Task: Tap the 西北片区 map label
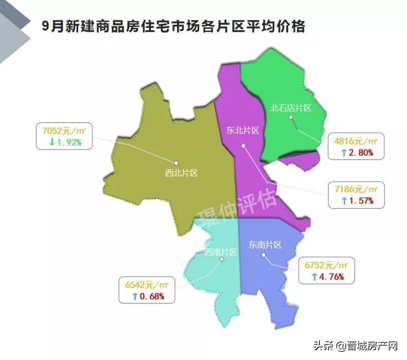click(x=181, y=174)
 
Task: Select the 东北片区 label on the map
click(x=242, y=130)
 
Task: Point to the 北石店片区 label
click(x=291, y=108)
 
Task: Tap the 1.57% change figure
click(x=359, y=200)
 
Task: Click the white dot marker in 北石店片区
click(x=291, y=117)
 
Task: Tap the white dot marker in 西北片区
click(x=176, y=163)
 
